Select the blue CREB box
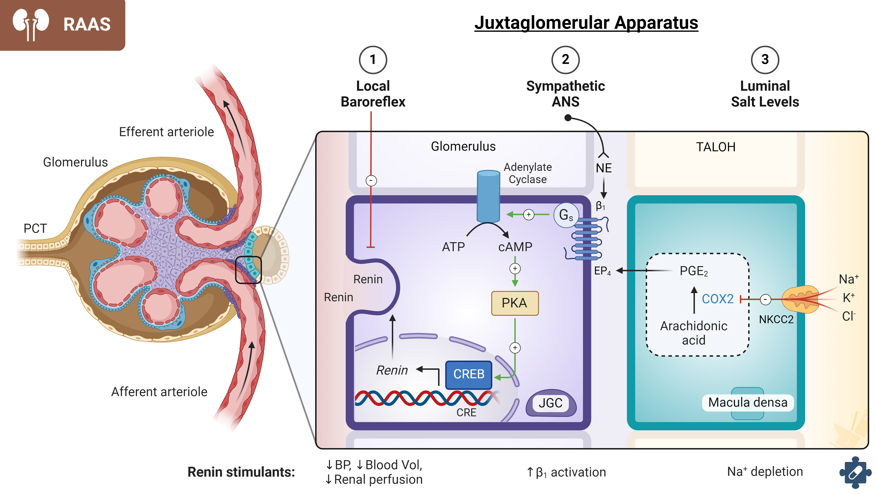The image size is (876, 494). (x=469, y=374)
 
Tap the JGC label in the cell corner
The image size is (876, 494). (x=550, y=403)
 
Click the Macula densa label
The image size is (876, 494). (x=748, y=403)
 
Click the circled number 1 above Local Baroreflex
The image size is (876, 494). (x=373, y=60)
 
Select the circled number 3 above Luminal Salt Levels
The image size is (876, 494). (x=765, y=60)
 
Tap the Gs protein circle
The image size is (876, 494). (x=566, y=215)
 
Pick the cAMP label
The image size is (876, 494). (x=515, y=247)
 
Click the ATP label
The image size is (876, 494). (x=453, y=247)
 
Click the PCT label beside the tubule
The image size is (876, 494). (x=35, y=228)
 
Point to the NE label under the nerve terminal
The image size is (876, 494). (x=604, y=168)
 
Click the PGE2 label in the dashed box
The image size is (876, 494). (x=693, y=271)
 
